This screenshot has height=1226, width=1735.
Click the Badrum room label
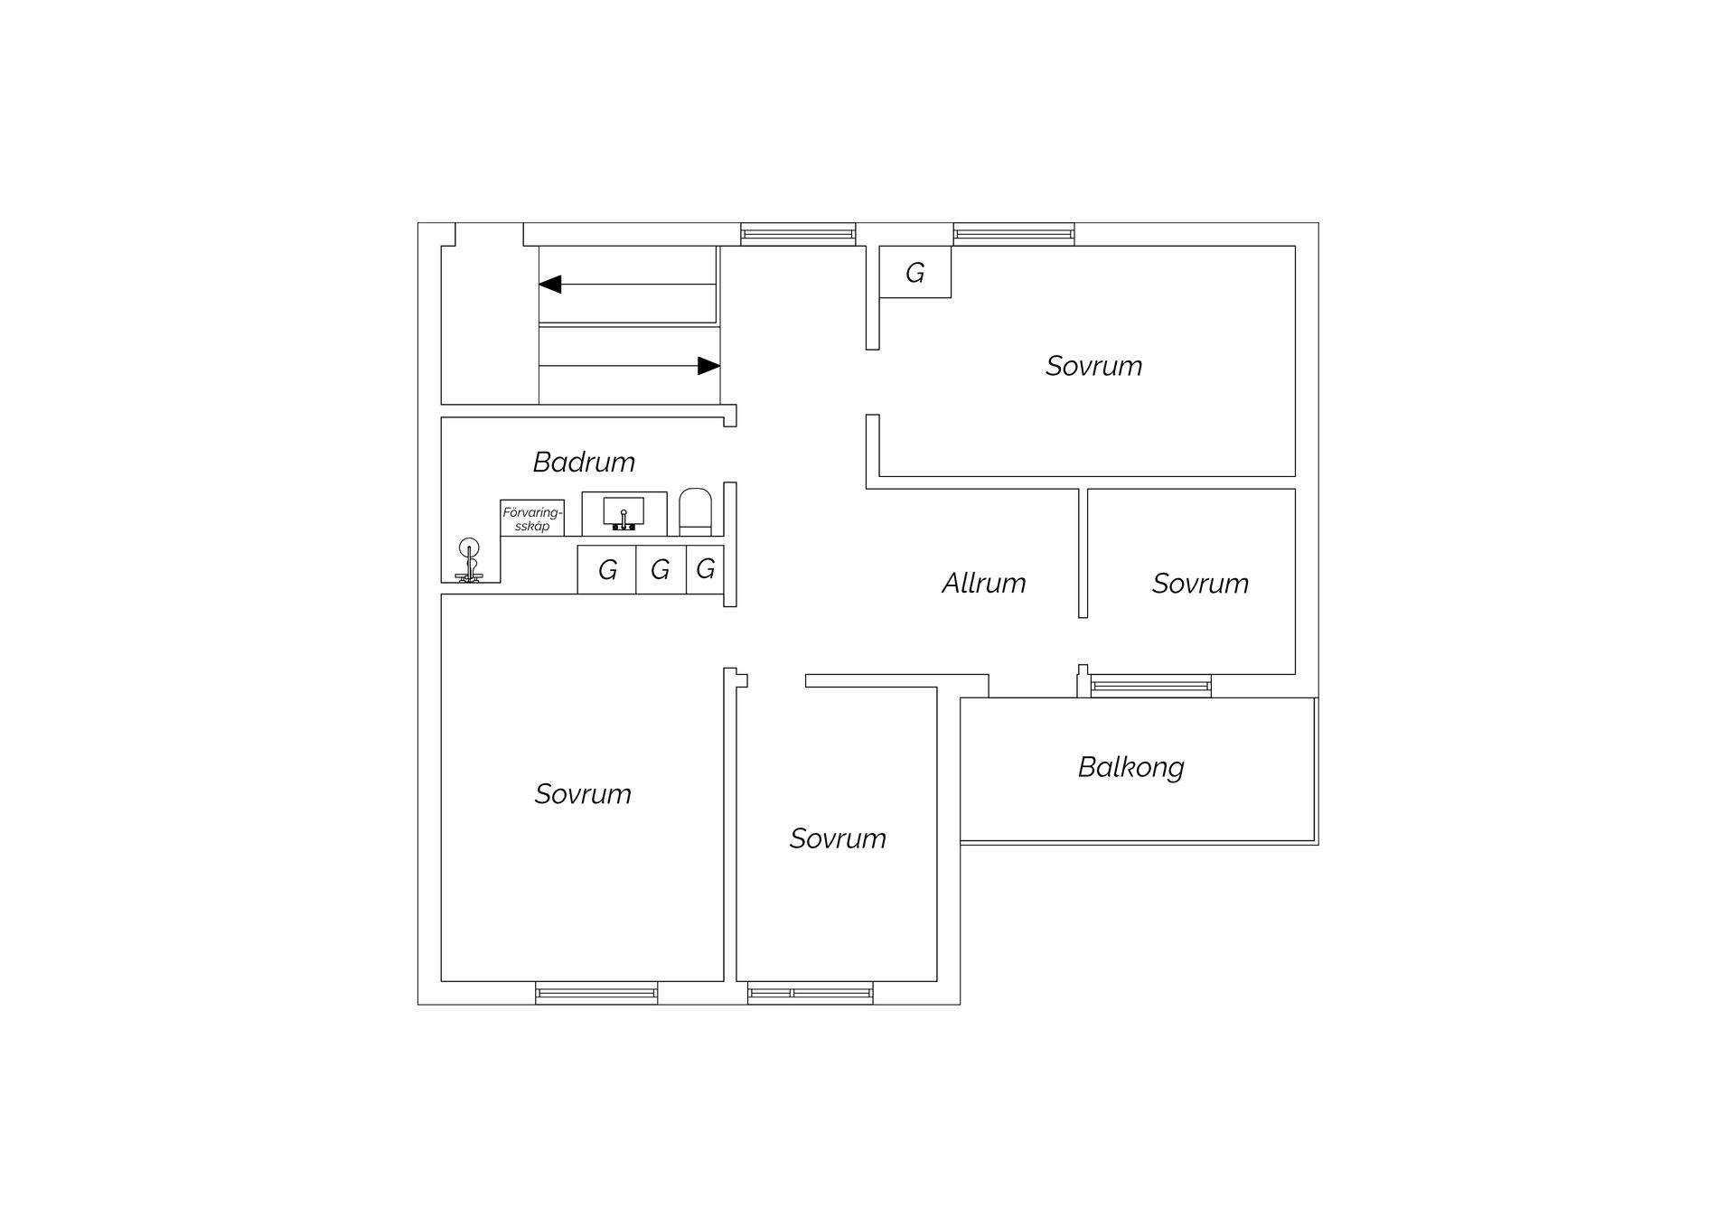(x=584, y=462)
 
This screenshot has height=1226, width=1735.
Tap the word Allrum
(x=984, y=583)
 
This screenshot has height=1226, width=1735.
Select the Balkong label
(x=1130, y=767)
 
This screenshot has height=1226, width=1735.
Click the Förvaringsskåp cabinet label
(x=532, y=519)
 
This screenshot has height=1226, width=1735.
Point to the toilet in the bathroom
(x=695, y=512)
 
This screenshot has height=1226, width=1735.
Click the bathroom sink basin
(x=624, y=512)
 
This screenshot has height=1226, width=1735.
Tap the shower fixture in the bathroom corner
(x=469, y=561)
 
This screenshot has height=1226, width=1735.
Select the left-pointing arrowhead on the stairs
(x=550, y=285)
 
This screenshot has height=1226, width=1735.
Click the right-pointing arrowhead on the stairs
(x=709, y=366)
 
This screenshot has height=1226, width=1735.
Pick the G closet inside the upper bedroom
(x=915, y=272)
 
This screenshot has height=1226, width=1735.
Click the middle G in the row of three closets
(x=661, y=569)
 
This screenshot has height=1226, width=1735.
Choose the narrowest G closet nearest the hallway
(x=706, y=569)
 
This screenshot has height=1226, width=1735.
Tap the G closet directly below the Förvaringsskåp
(x=607, y=569)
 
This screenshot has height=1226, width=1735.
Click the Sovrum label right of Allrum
(x=1200, y=584)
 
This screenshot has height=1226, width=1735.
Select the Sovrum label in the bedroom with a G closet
(x=1093, y=366)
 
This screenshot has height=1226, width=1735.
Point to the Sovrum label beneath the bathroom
(x=583, y=794)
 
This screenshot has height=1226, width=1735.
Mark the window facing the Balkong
(x=1150, y=687)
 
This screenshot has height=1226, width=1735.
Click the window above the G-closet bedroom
(x=1014, y=234)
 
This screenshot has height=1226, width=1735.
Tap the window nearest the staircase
(x=798, y=234)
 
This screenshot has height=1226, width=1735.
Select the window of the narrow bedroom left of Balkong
(x=811, y=993)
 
